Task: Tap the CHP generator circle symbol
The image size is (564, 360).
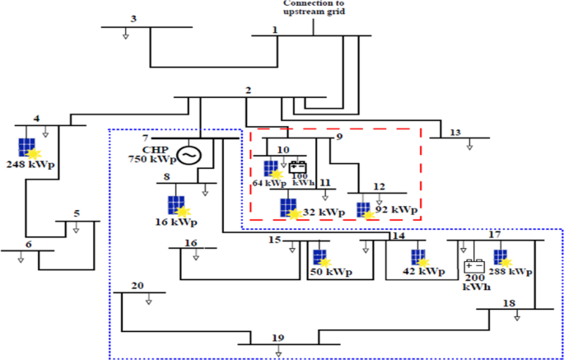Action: (190, 154)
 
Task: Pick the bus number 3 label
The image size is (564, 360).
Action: (133, 18)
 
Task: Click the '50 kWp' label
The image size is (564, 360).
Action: (330, 272)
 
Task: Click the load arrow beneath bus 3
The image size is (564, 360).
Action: (125, 35)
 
